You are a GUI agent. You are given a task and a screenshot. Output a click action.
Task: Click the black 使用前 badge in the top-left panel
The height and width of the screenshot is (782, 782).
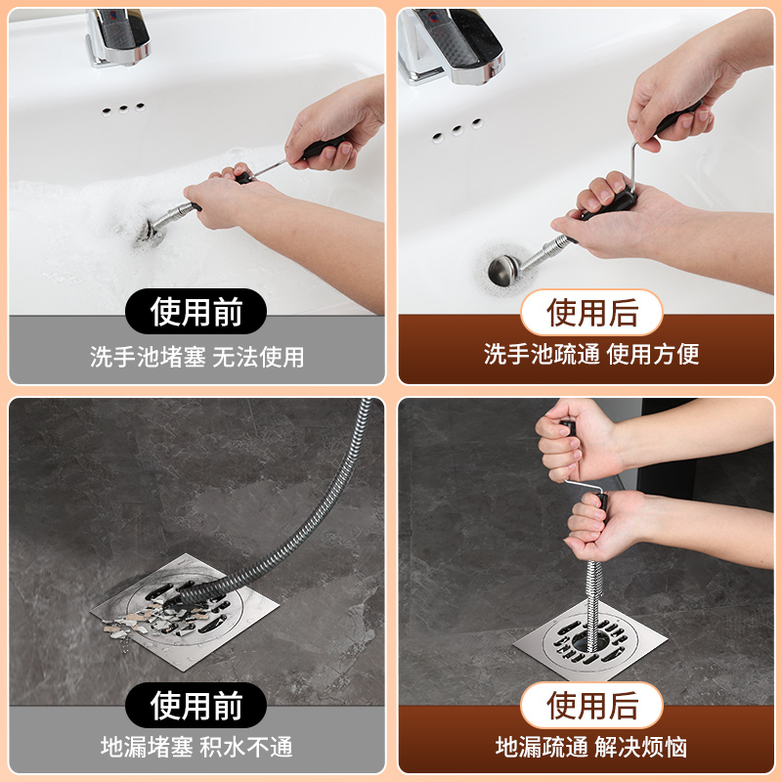[195, 313]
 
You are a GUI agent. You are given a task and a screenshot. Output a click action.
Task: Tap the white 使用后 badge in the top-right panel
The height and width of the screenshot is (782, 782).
[591, 313]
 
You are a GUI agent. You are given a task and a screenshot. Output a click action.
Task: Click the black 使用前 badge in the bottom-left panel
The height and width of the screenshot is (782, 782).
[195, 705]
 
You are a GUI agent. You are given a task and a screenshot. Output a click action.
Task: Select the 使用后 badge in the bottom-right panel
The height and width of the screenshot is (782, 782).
[591, 705]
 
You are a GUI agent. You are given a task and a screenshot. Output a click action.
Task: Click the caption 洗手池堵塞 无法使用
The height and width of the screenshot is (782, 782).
[196, 357]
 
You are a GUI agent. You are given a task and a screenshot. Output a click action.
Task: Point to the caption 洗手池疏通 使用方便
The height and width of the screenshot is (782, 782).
[591, 354]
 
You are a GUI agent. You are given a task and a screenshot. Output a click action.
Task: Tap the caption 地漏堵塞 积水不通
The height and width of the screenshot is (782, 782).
[196, 748]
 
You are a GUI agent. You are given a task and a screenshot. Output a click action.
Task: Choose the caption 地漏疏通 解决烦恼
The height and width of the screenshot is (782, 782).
[591, 748]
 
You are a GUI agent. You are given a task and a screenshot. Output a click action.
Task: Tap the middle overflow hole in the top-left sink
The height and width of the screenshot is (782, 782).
[125, 108]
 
